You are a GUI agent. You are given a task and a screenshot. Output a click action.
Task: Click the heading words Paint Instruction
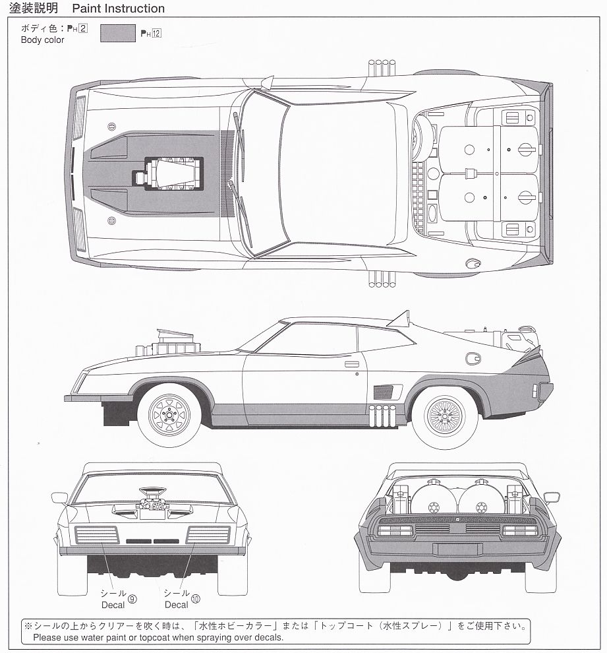coord(119,9)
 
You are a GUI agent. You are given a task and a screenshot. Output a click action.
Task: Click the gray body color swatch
coord(118,33)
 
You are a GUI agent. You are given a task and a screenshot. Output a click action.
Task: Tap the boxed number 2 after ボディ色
coord(83,28)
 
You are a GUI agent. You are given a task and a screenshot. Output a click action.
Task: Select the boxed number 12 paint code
coord(156,34)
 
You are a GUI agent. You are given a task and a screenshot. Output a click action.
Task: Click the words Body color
coord(43,40)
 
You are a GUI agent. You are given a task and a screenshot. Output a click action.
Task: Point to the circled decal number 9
coord(132,599)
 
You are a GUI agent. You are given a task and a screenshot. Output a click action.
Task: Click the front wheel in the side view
coord(169,414)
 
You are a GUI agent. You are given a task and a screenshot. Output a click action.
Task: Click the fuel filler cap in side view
coord(473,359)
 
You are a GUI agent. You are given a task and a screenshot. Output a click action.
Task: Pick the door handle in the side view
coord(351,363)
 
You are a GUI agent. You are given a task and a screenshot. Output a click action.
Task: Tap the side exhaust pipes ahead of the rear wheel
coord(383,415)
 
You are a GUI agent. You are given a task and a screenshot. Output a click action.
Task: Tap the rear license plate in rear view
coord(457,549)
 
